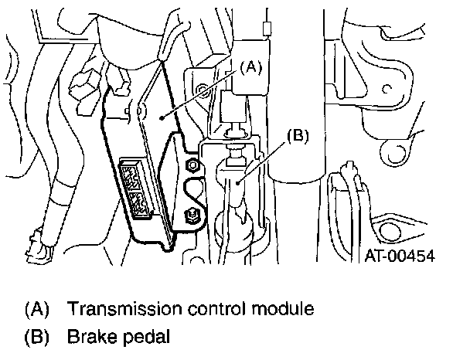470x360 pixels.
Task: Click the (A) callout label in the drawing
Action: coord(250,67)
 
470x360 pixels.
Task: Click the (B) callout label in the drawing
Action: coord(298,136)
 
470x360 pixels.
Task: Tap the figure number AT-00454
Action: coord(400,256)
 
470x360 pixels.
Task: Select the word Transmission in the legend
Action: coord(124,308)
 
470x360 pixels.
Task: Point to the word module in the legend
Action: coord(283,308)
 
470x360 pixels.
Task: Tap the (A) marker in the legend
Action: coord(36,309)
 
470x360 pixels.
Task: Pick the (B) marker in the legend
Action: coord(36,337)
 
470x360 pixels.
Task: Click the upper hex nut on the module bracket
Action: coord(192,165)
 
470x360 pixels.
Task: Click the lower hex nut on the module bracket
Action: coord(191,215)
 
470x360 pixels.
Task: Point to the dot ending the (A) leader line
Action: coord(162,118)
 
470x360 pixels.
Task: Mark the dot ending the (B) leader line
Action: coord(237,182)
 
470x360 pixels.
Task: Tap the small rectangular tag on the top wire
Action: coord(267,29)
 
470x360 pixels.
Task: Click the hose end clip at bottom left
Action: coord(39,243)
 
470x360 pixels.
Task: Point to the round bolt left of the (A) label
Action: coord(202,89)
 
